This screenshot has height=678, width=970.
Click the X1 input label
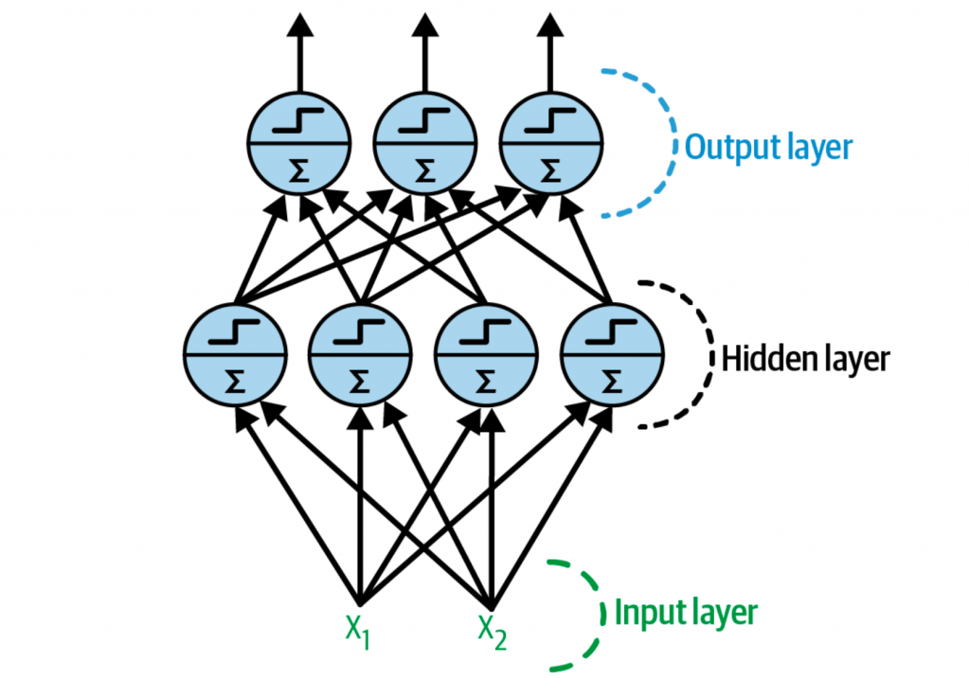point(357,629)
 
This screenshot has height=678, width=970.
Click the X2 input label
point(491,629)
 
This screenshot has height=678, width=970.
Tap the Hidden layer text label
point(805,359)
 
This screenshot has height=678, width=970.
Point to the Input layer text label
point(687,612)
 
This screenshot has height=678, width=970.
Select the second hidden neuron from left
point(360,356)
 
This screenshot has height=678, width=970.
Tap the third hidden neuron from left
point(485,356)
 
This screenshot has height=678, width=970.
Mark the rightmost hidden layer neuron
point(610,356)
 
